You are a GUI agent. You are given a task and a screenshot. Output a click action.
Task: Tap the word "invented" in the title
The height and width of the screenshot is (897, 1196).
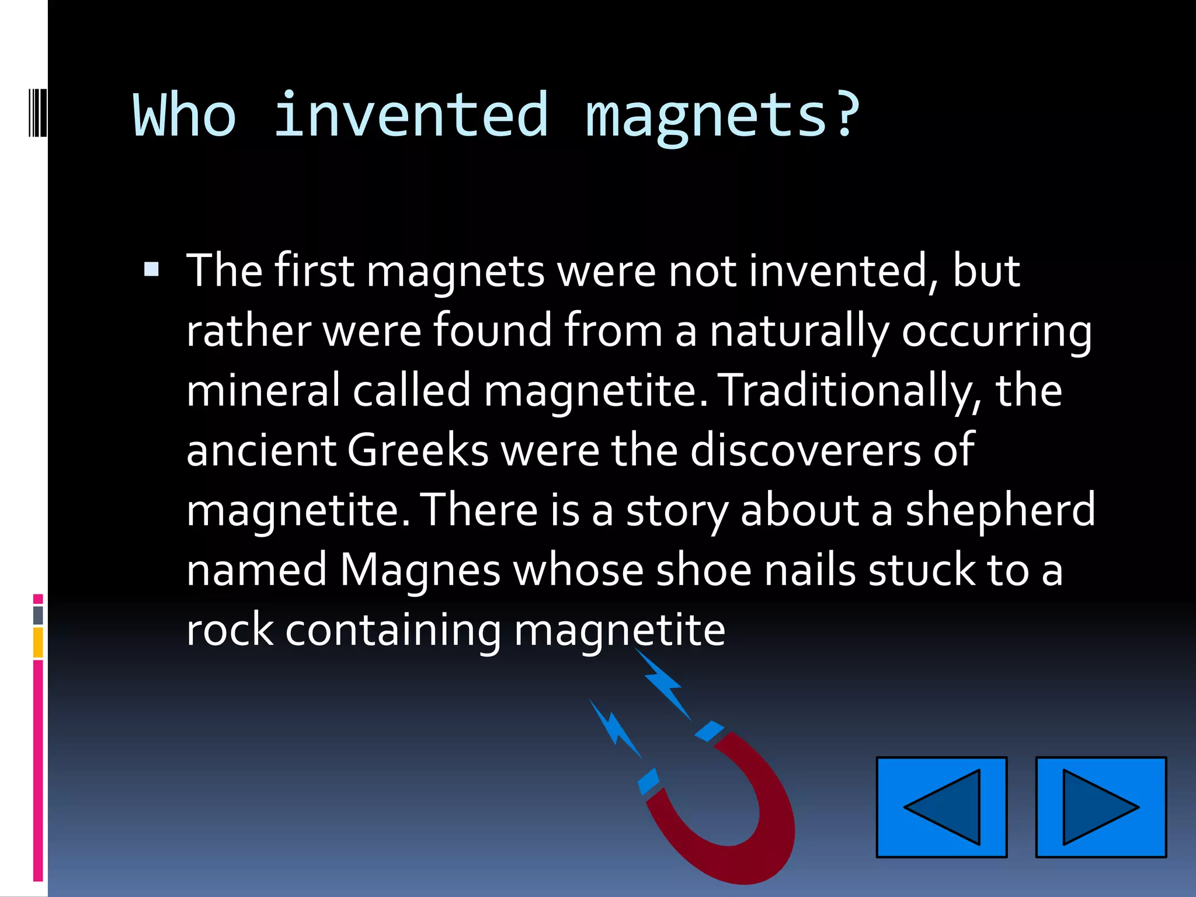point(411,116)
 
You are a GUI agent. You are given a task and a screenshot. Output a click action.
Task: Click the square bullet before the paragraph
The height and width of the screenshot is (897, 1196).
point(151,269)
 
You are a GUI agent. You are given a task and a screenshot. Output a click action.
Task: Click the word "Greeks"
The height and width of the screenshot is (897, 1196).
point(418,451)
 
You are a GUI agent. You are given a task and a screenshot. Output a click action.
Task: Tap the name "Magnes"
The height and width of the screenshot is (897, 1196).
point(420,571)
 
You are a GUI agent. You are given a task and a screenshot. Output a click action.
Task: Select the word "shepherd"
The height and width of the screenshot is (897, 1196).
point(1000,510)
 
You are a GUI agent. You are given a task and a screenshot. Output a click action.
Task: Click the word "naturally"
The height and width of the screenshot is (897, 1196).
point(799,332)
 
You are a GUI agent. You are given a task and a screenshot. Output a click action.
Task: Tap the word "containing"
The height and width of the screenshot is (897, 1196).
point(392,631)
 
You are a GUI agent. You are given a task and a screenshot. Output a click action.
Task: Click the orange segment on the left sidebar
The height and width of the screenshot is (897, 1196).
point(38,642)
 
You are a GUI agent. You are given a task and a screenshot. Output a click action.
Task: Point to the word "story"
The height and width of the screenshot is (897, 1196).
point(677,510)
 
